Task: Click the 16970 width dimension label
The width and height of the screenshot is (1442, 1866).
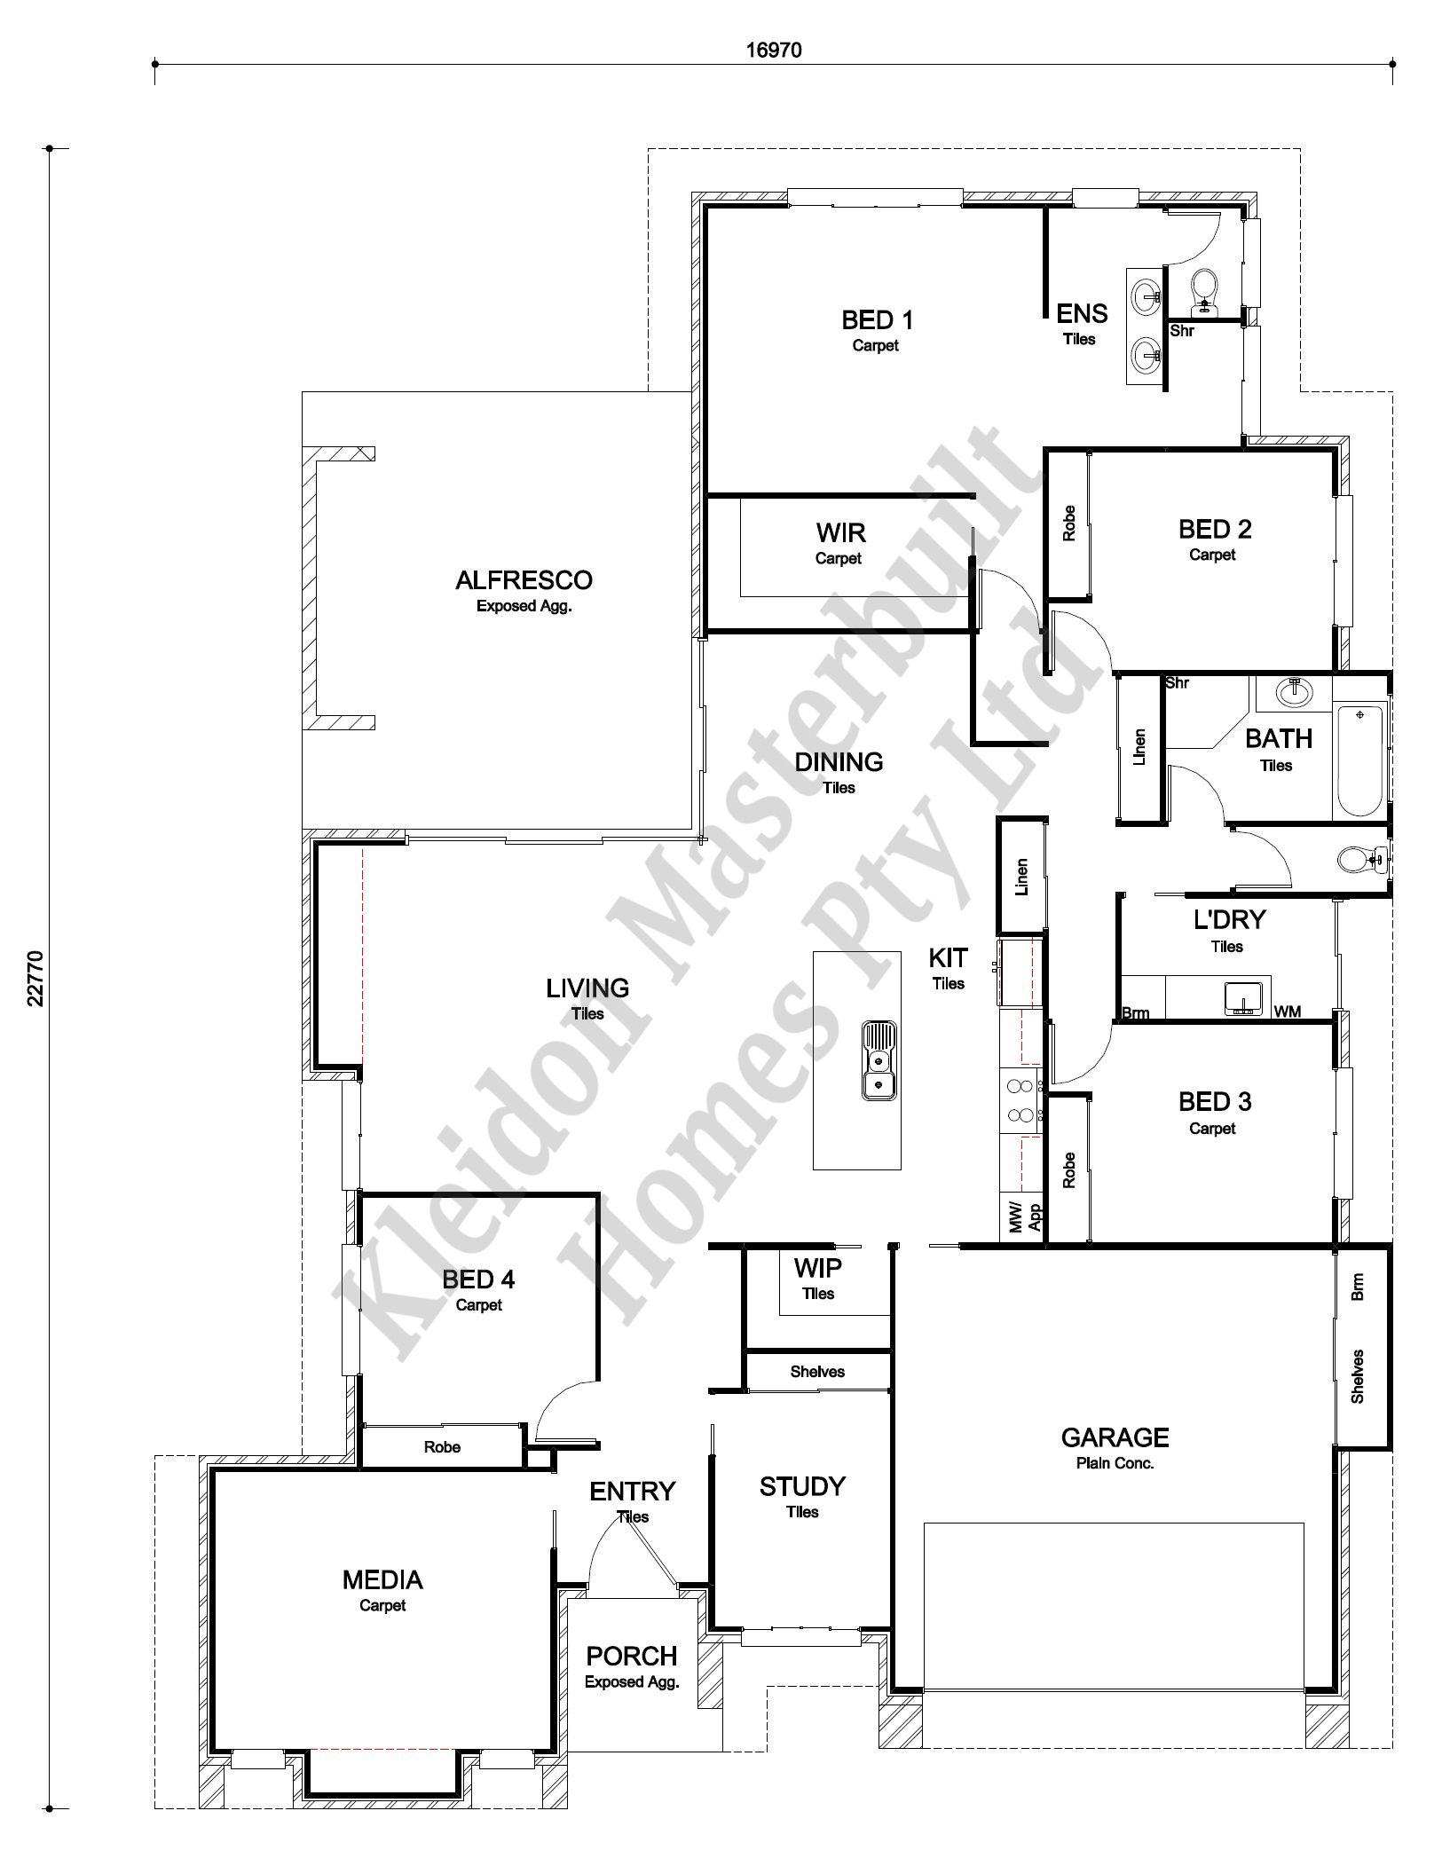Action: [x=773, y=50]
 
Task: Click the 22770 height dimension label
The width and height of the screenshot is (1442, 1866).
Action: [x=35, y=978]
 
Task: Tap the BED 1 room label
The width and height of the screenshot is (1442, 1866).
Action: [x=877, y=319]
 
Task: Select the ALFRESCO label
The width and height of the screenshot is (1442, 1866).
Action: [x=524, y=580]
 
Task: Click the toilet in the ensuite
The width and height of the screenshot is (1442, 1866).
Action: [x=1204, y=292]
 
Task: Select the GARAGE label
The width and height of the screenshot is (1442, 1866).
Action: [x=1115, y=1437]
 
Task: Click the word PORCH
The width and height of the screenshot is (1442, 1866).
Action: [x=632, y=1656]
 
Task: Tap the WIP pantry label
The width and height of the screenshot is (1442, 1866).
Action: [x=817, y=1267]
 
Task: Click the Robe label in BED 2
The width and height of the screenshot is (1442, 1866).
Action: [x=1068, y=524]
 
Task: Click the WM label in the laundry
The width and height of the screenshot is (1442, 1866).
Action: [x=1288, y=1012]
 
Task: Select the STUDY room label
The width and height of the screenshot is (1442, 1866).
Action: [x=802, y=1486]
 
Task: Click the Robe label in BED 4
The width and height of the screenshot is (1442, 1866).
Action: [x=442, y=1447]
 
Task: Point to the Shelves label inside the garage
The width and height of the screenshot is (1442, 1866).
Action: [x=1358, y=1376]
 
